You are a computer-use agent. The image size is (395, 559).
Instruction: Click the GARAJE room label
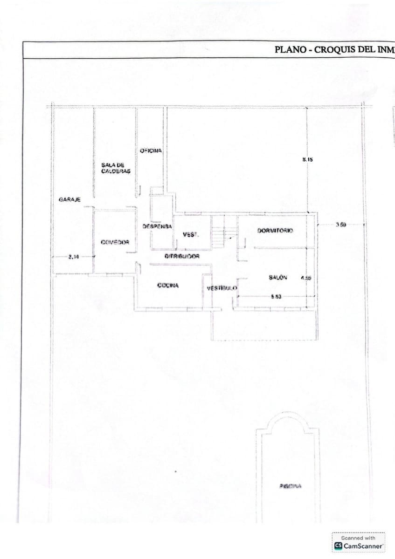pyautogui.click(x=69, y=199)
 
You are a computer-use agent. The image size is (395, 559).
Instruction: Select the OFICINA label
pyautogui.click(x=151, y=150)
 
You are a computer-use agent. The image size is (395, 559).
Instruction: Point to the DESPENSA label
pyautogui.click(x=157, y=226)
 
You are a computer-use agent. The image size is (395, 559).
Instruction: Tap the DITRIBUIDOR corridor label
pyautogui.click(x=182, y=256)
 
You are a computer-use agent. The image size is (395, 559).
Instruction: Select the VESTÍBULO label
pyautogui.click(x=222, y=288)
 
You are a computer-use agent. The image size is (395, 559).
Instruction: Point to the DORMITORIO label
pyautogui.click(x=275, y=231)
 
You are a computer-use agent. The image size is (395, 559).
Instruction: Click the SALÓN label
pyautogui.click(x=278, y=277)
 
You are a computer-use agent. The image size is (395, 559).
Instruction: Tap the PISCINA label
pyautogui.click(x=291, y=486)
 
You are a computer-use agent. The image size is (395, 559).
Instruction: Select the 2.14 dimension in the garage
pyautogui.click(x=73, y=256)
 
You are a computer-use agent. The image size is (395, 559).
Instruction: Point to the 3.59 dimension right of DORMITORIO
pyautogui.click(x=340, y=225)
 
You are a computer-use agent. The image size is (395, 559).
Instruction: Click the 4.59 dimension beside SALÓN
pyautogui.click(x=305, y=278)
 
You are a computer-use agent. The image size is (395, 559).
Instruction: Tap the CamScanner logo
pyautogui.click(x=359, y=545)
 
